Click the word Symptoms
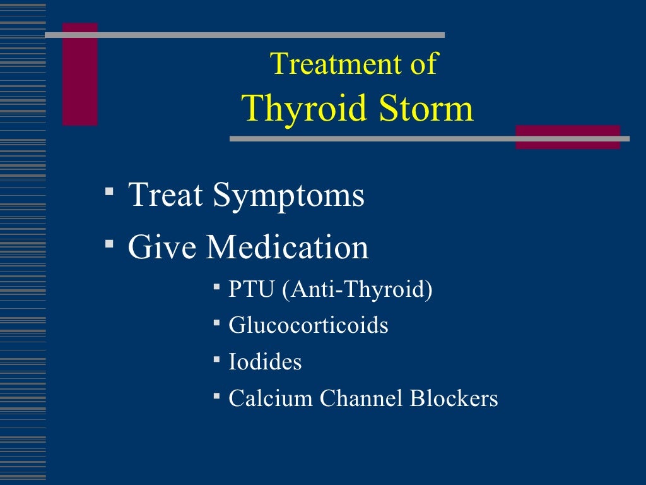(288, 195)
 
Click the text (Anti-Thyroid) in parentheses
(358, 290)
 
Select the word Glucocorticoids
(308, 326)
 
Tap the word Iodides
(265, 362)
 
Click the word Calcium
(271, 398)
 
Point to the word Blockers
(454, 398)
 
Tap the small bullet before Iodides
(216, 359)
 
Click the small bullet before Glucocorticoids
(216, 323)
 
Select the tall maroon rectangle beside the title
(80, 75)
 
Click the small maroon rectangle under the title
(568, 137)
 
